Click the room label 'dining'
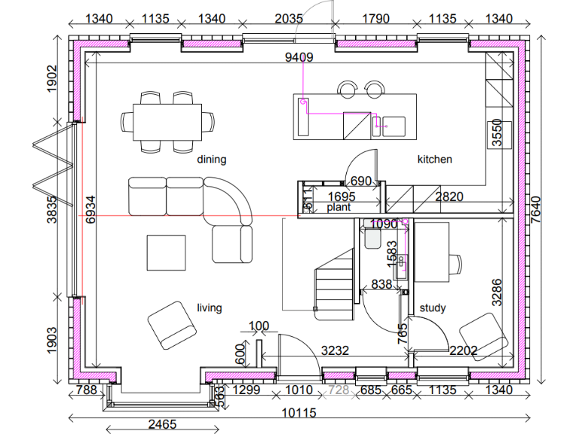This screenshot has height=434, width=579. click(x=212, y=160)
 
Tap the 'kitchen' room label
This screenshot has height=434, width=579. click(x=435, y=160)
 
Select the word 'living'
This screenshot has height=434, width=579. click(x=210, y=307)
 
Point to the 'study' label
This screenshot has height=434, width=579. click(x=433, y=307)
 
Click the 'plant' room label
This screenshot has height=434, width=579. click(x=339, y=206)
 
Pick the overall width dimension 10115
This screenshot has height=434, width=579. click(x=300, y=413)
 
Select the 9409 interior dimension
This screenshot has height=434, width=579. click(x=299, y=57)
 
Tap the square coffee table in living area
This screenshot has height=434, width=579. click(x=166, y=252)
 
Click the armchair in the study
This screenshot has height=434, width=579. click(x=482, y=336)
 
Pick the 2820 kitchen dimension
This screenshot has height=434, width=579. click(x=450, y=197)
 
